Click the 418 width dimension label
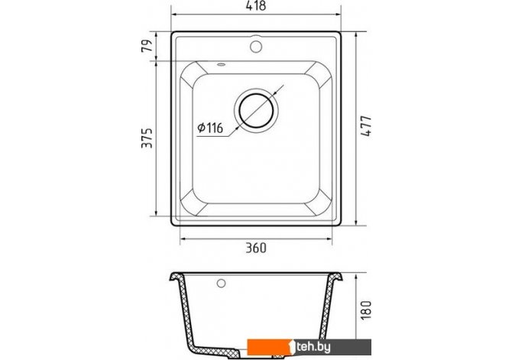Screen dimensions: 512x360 (x=256, y=6)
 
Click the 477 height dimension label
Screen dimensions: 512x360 (x=367, y=126)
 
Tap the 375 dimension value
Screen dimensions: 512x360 (x=147, y=138)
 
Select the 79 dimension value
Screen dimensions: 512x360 (x=147, y=46)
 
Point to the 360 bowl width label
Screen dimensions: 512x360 (x=256, y=248)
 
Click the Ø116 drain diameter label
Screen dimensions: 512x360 (x=210, y=128)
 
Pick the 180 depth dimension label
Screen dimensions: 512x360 (x=367, y=310)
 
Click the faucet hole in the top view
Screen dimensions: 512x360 (x=256, y=47)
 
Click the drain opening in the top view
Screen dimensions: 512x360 (x=256, y=110)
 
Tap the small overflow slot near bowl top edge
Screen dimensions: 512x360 (x=221, y=64)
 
